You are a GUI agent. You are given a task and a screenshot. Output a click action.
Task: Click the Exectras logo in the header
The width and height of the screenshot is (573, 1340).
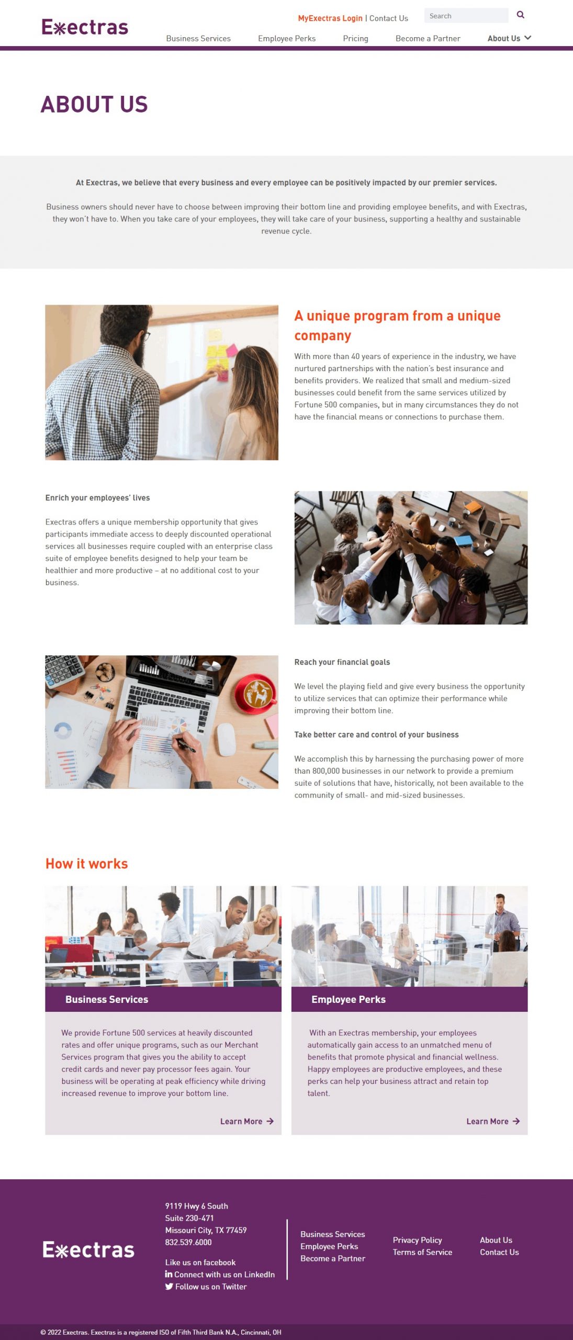point(85,27)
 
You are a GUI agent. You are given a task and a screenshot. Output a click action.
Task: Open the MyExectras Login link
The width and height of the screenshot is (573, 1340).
point(330,18)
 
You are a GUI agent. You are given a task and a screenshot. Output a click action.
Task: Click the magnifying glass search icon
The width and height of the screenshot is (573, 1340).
point(520,15)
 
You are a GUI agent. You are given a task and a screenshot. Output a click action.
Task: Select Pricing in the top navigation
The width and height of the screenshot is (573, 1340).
point(355,38)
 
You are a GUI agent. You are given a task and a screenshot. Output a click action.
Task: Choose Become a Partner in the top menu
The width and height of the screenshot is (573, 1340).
point(428,38)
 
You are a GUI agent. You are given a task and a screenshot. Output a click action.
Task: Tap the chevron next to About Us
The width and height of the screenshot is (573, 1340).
point(527,38)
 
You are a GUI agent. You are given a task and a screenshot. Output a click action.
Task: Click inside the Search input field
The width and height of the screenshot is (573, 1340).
point(466,16)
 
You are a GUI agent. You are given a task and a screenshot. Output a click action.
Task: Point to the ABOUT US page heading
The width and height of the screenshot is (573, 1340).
point(94,104)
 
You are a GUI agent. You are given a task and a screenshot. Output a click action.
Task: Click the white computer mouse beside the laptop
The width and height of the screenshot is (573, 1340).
point(227,739)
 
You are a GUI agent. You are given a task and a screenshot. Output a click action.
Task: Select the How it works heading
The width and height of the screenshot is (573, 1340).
point(87,864)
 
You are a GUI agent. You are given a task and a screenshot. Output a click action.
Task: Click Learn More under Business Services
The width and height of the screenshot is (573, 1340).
point(246,1121)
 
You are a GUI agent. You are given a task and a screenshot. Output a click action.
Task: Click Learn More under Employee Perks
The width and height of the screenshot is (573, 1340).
point(493,1121)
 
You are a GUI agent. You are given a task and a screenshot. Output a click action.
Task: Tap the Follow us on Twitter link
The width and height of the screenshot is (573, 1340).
point(206,1286)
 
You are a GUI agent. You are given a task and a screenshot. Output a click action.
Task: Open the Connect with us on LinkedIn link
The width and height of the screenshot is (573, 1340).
point(220,1274)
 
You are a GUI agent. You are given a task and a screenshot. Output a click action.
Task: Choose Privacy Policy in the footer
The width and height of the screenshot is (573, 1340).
point(418,1240)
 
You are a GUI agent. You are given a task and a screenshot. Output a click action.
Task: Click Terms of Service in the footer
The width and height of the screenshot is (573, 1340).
point(422,1252)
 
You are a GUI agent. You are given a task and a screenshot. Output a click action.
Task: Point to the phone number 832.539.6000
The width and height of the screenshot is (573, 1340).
point(188,1242)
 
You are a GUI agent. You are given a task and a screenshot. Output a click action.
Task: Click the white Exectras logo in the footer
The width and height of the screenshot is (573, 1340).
point(88,1250)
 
